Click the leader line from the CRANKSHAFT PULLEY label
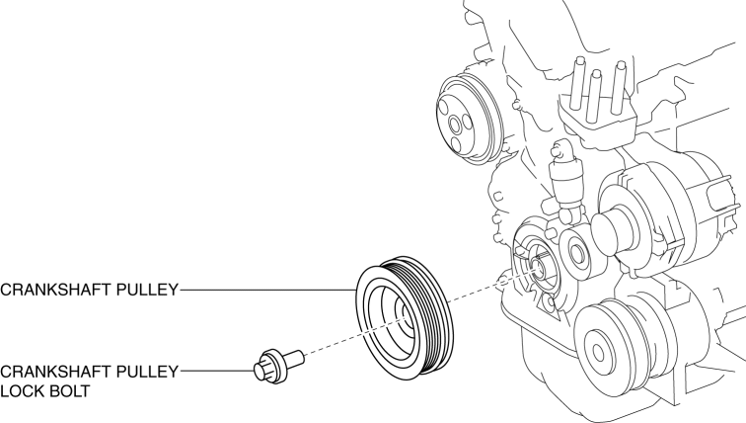pyautogui.click(x=266, y=292)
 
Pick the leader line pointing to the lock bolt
pyautogui.click(x=217, y=372)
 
